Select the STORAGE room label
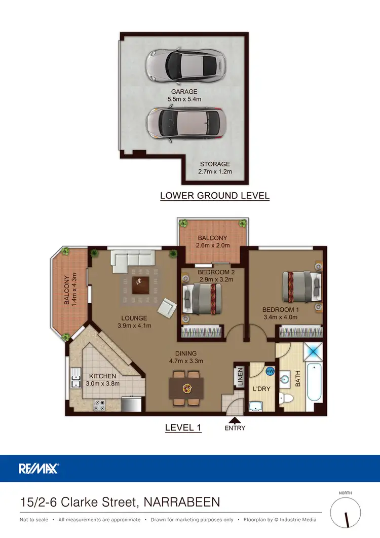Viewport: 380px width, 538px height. coord(215,168)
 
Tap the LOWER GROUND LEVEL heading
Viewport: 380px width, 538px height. coord(215,195)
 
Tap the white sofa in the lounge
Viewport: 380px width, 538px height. coord(134,260)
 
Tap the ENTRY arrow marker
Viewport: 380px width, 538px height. coord(234,420)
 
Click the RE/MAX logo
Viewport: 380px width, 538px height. coord(39,468)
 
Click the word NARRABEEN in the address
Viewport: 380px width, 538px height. coord(182,502)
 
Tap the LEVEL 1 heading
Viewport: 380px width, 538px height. coord(183,427)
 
